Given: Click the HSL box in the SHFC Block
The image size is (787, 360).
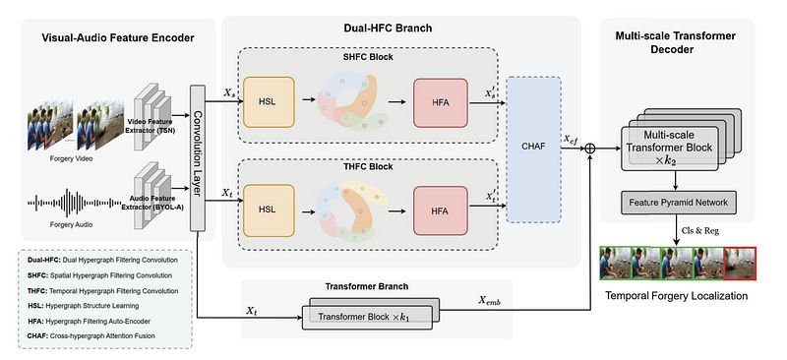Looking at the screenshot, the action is [269, 102].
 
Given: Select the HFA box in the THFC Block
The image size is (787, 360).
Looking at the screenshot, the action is [440, 210].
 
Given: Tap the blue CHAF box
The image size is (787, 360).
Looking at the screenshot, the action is [533, 150].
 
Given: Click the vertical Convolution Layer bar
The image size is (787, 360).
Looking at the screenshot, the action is [198, 158].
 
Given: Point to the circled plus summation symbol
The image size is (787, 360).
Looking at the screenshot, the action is [590, 149].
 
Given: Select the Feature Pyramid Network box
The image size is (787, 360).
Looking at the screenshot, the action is [679, 203].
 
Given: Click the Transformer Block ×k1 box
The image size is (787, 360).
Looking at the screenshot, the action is [367, 318].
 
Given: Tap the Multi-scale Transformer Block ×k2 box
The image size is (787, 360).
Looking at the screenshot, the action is [670, 149].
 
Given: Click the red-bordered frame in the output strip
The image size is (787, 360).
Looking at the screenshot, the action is [740, 264].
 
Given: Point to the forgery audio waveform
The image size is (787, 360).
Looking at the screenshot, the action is [74, 203].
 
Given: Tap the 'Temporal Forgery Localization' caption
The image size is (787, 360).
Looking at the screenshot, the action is [676, 296].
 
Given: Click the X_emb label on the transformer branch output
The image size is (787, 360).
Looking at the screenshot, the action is [492, 301].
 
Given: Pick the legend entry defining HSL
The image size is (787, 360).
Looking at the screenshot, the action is [82, 305].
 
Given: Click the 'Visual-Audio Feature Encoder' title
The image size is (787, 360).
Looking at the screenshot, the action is [118, 37].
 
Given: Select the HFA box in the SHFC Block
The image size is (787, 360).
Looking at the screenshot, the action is [440, 102].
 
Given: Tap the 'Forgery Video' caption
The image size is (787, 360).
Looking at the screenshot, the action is [71, 158].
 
